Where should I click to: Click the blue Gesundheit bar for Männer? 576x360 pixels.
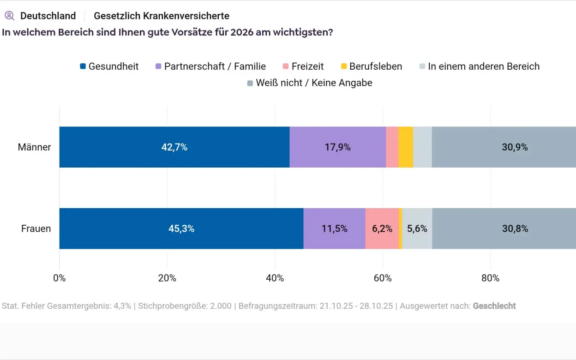[x=174, y=147]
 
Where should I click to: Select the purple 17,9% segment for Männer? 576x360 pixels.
[x=337, y=147]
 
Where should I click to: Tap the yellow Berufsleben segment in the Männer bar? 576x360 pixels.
[x=405, y=147]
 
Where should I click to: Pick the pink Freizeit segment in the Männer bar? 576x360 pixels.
[x=392, y=147]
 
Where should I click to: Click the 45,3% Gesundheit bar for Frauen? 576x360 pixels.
[x=181, y=228]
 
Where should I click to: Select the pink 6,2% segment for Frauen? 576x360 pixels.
[x=382, y=228]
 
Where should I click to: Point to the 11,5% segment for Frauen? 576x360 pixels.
[x=334, y=228]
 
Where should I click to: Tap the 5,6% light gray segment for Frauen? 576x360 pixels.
[x=417, y=228]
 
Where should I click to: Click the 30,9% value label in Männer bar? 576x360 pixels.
[x=515, y=148]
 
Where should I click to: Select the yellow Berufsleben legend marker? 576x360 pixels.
[x=344, y=66]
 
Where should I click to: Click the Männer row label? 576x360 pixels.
[x=34, y=148]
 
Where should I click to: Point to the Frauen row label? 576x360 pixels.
[x=36, y=229]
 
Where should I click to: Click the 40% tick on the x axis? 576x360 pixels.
[x=275, y=278]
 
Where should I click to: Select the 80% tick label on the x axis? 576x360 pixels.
[x=490, y=278]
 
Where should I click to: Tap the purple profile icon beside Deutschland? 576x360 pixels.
[x=9, y=16]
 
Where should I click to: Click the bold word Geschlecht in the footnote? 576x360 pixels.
[x=494, y=306]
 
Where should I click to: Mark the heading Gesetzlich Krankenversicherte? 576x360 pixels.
[x=162, y=16]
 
